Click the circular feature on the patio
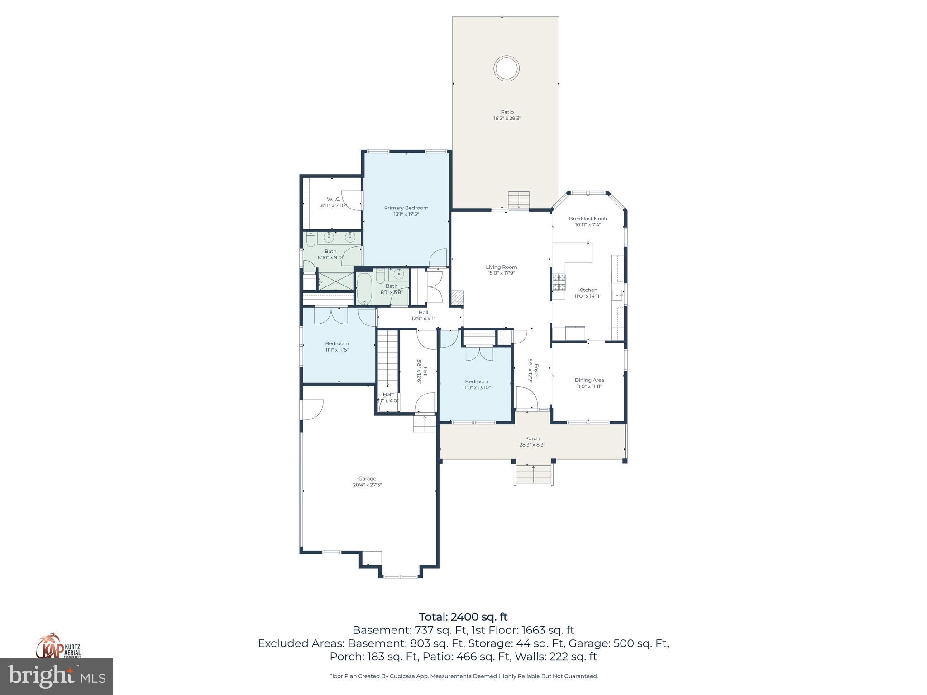(506, 69)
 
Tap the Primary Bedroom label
(406, 208)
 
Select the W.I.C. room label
(334, 199)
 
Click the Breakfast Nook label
(588, 219)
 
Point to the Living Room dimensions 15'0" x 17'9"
(501, 273)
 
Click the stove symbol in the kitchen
(559, 282)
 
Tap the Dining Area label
(589, 380)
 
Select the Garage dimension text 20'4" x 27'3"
(367, 485)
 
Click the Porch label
(532, 438)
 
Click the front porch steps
(533, 475)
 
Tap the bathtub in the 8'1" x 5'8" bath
(364, 288)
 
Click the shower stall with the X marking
(335, 281)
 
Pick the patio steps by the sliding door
(518, 200)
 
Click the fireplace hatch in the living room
(457, 298)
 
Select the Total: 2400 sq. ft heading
(463, 617)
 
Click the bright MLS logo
(57, 676)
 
